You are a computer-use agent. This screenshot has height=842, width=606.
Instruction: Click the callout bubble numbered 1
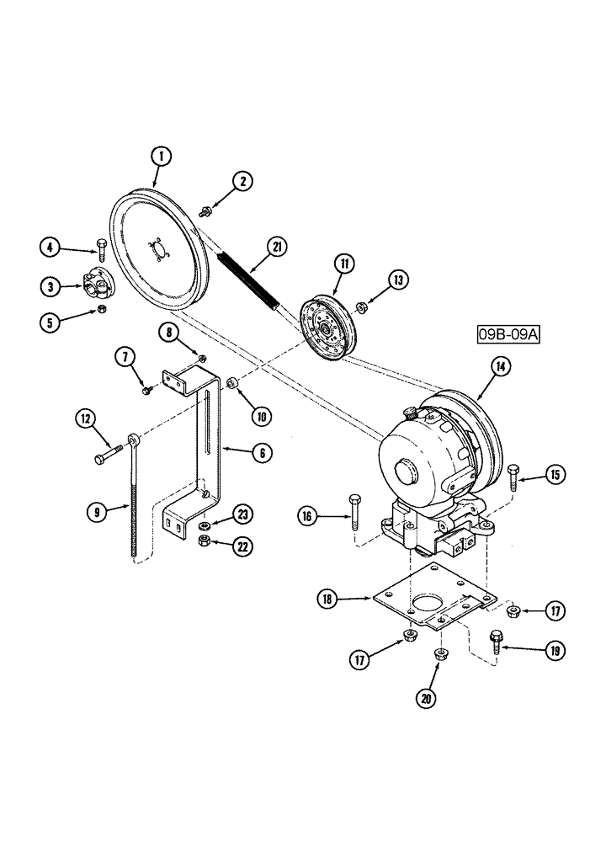[x=160, y=156]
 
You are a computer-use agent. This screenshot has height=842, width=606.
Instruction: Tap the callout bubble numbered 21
[x=277, y=247]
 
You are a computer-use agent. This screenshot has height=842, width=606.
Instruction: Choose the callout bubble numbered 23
[x=243, y=514]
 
